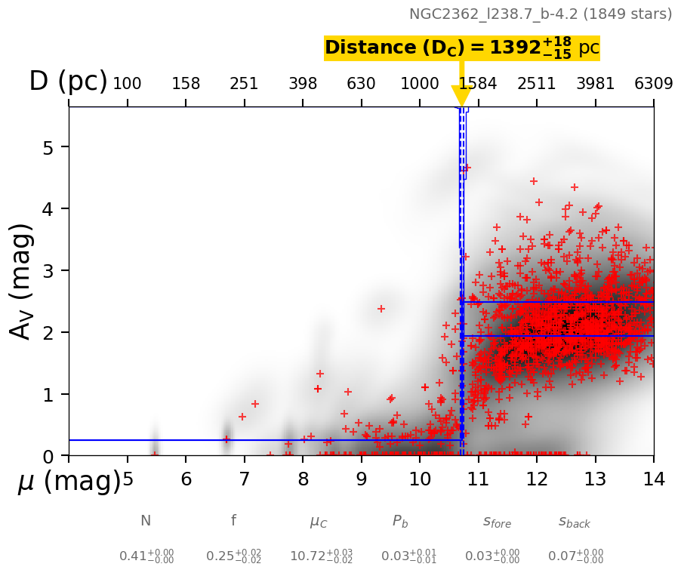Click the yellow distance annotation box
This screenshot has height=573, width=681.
(x=461, y=48)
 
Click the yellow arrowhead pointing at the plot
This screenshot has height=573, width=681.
(x=461, y=96)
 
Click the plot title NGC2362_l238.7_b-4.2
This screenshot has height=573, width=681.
(x=541, y=14)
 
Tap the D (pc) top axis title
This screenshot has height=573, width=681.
(x=68, y=82)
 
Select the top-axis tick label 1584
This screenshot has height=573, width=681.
(x=478, y=83)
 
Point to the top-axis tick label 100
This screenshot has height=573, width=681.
(x=127, y=83)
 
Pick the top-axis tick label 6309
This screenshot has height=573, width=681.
(x=654, y=83)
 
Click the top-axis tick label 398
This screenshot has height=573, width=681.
(x=303, y=83)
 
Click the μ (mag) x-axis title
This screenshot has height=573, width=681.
(x=69, y=481)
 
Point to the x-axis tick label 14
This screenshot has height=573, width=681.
(x=654, y=479)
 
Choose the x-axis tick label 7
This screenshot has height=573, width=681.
(x=244, y=479)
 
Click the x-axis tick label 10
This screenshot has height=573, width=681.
(x=420, y=479)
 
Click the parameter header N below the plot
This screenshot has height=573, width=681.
(x=146, y=521)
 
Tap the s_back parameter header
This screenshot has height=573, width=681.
(x=575, y=522)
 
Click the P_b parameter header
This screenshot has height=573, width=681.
(x=400, y=522)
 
